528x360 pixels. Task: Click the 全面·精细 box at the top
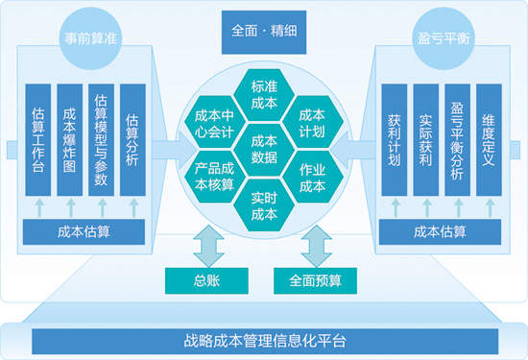[x=263, y=30]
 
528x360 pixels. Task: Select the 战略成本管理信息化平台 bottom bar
[x=264, y=340]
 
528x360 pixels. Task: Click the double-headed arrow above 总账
[x=205, y=247]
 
